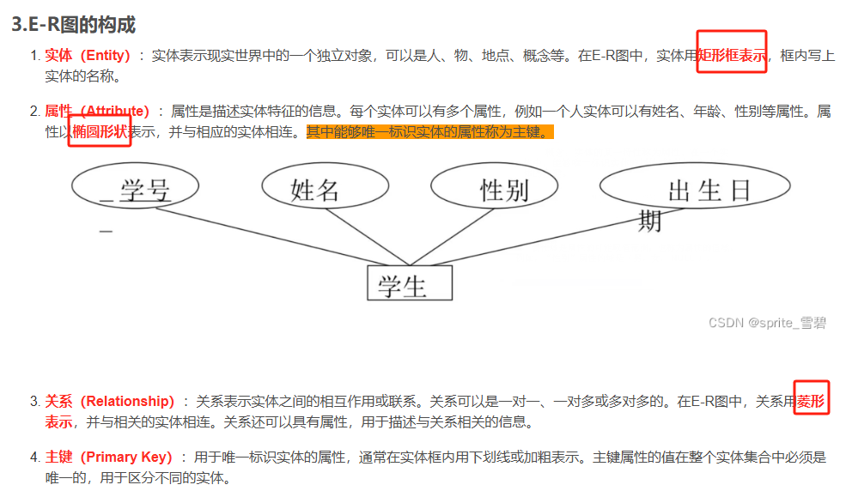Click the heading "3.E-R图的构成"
point(74,25)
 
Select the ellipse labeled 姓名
point(315,188)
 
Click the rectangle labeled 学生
point(410,283)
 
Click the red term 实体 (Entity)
point(87,57)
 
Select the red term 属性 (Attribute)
point(96,112)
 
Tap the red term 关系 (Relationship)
point(109,401)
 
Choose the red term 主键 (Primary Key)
point(108,457)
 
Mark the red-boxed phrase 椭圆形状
point(100,133)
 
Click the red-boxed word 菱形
point(811,401)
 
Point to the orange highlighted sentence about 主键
point(429,133)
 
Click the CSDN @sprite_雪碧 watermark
point(767,323)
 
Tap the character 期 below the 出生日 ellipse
point(650,221)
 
